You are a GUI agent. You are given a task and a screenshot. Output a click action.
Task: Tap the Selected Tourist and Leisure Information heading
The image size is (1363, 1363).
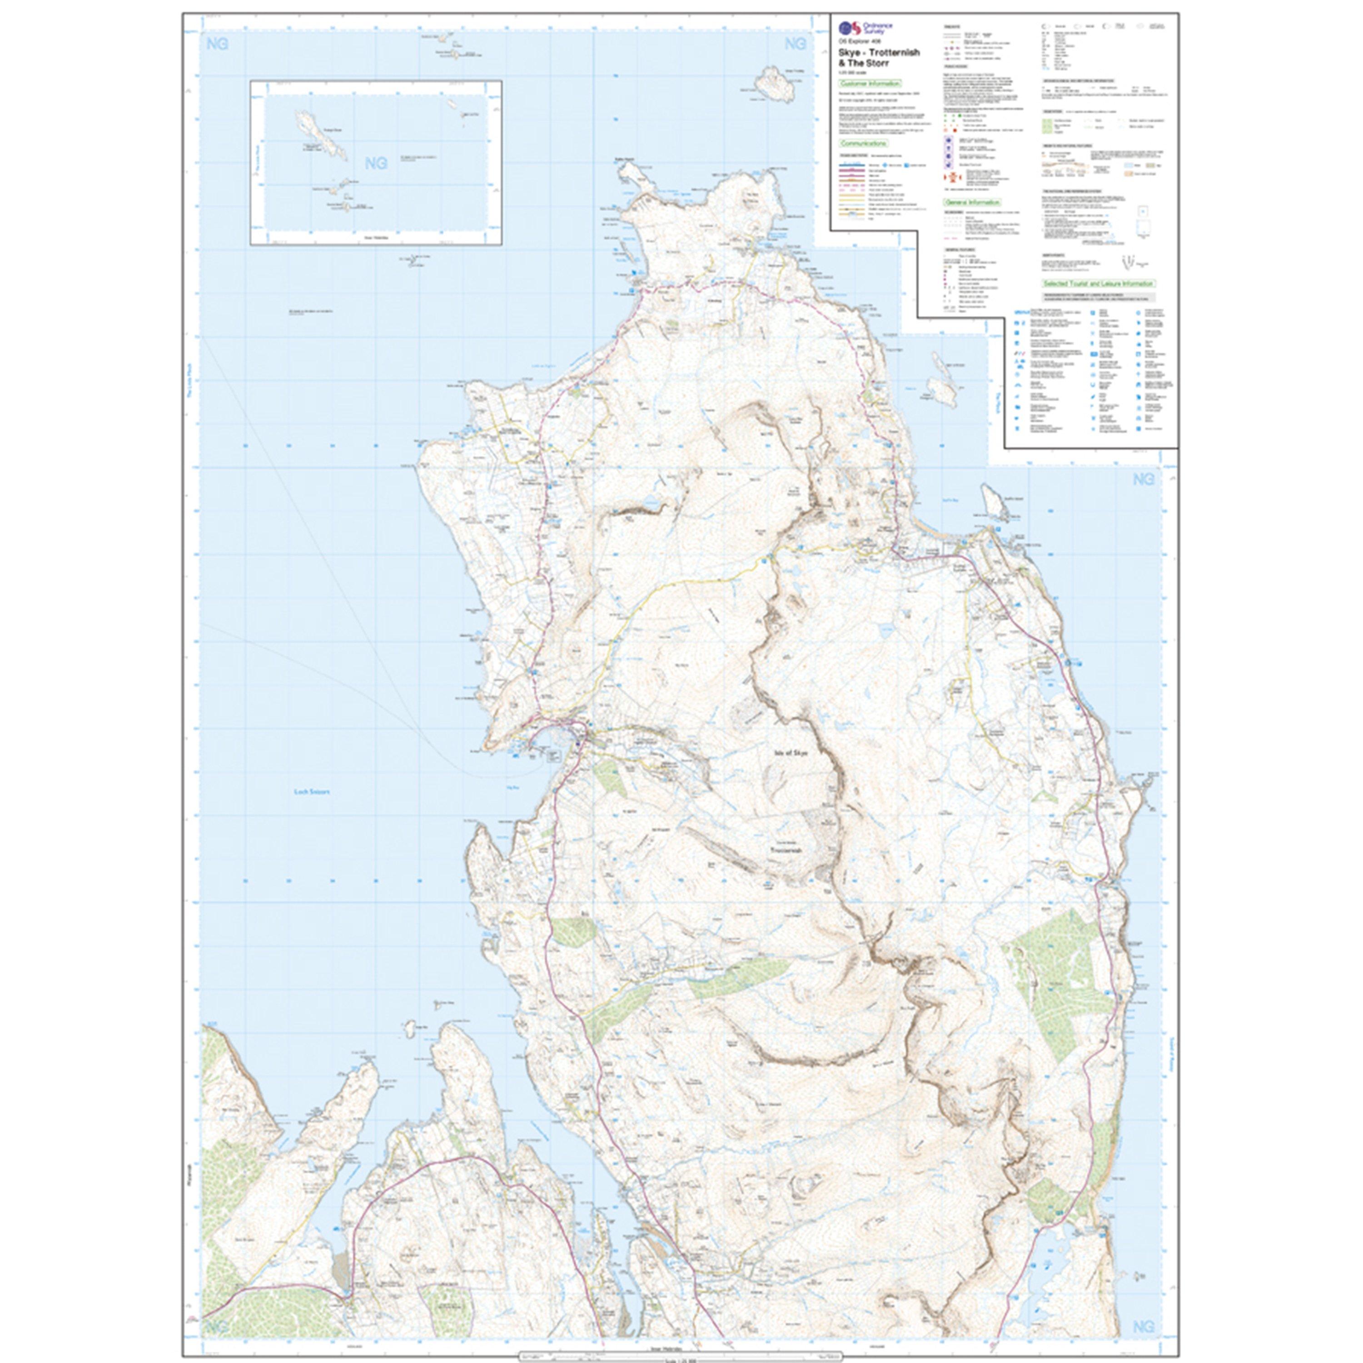(x=1099, y=284)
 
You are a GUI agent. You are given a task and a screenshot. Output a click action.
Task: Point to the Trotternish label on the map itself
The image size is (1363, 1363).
(x=786, y=851)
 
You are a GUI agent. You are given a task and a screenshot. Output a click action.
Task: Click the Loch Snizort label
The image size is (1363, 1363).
(x=312, y=791)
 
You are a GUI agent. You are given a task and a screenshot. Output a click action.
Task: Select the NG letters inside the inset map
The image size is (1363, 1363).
(x=376, y=163)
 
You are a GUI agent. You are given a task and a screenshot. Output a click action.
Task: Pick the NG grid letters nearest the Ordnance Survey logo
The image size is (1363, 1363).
(x=795, y=44)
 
